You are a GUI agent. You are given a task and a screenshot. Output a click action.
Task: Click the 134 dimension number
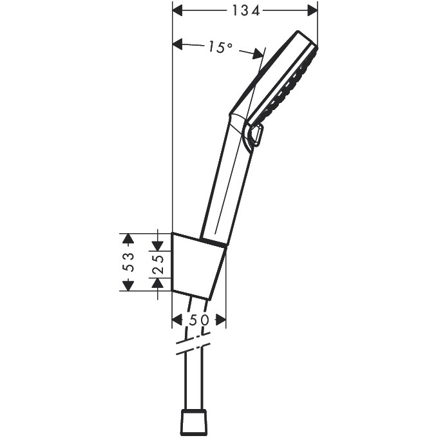245,10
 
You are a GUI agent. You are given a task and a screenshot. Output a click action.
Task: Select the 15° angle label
220,47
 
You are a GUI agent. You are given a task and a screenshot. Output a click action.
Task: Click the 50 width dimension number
199,319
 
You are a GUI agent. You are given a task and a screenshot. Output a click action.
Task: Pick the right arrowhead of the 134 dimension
312,10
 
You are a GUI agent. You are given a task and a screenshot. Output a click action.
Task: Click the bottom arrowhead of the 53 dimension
128,285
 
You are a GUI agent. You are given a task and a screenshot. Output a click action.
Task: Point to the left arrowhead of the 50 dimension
178,319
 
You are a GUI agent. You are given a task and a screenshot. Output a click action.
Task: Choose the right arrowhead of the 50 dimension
220,319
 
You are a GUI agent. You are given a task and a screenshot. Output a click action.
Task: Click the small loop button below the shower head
255,136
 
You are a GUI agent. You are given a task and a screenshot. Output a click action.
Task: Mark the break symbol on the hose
194,344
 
